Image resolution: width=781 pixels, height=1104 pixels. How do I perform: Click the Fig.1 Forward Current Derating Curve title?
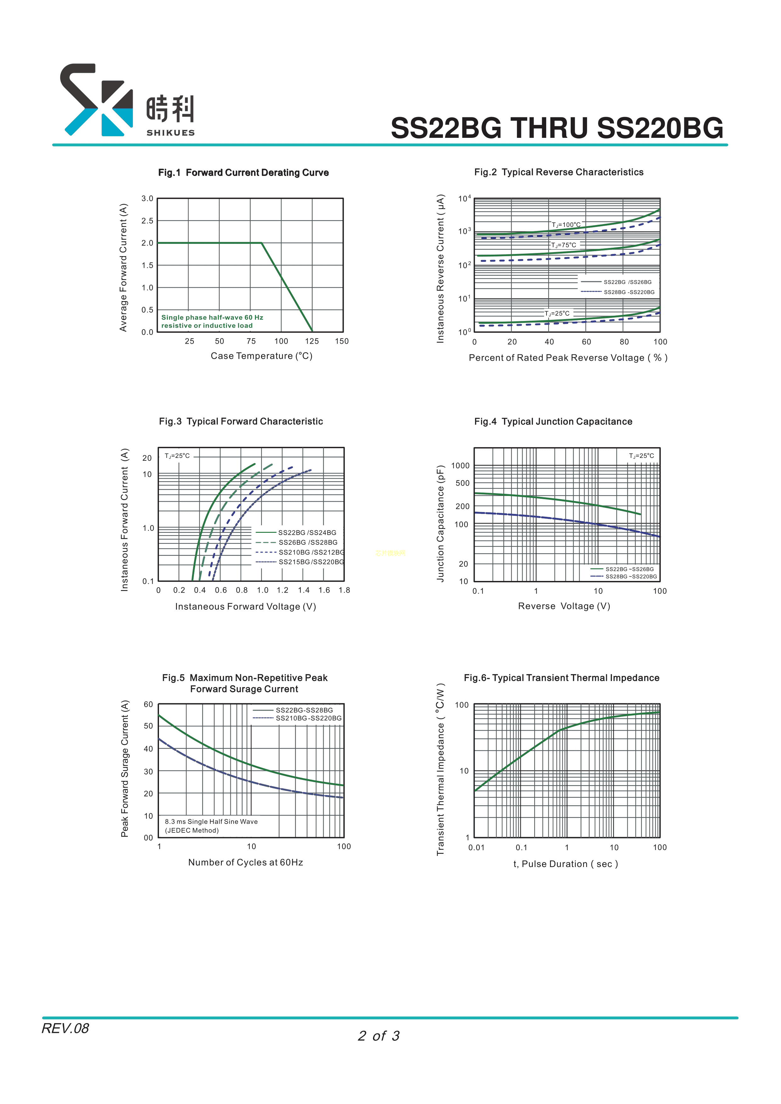(243, 173)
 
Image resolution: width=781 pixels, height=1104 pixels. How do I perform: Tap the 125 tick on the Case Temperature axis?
(312, 341)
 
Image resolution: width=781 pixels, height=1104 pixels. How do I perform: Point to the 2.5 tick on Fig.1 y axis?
(147, 221)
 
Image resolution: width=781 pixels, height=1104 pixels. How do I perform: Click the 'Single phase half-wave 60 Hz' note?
(212, 317)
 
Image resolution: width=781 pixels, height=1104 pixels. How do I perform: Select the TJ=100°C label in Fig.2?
(566, 225)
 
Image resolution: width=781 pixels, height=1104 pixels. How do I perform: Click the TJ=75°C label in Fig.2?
(563, 245)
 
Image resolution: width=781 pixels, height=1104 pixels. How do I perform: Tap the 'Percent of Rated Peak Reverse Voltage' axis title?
(568, 358)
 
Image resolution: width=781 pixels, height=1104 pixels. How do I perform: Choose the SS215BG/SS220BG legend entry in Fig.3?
(311, 562)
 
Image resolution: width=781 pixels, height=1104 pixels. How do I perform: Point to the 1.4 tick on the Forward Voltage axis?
(303, 590)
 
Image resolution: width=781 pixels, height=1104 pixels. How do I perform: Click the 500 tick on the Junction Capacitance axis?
(462, 483)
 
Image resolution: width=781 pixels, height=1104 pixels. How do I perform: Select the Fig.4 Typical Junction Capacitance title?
(553, 422)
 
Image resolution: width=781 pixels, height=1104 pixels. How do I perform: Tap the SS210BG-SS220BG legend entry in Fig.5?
(308, 718)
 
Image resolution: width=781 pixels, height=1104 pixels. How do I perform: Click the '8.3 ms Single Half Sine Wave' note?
(211, 822)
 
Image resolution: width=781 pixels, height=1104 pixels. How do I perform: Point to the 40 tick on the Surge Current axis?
(148, 749)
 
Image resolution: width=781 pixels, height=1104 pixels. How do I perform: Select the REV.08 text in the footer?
(65, 1028)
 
